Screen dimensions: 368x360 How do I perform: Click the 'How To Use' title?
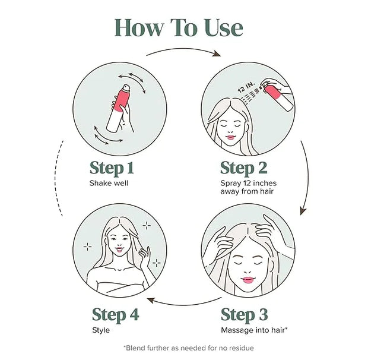point(179,27)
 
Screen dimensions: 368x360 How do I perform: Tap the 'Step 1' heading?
point(112,168)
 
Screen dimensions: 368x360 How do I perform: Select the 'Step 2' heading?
point(244,168)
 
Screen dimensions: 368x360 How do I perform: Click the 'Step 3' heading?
point(245,314)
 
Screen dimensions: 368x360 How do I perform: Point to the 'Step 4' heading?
point(116,314)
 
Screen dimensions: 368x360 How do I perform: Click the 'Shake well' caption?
point(109,183)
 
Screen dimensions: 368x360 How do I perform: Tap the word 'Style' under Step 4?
point(101,330)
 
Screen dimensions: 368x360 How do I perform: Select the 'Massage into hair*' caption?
point(254,330)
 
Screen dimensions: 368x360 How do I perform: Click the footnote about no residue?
point(189,348)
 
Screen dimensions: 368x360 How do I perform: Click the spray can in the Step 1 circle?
point(118,108)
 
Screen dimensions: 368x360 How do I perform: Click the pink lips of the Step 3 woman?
point(248,280)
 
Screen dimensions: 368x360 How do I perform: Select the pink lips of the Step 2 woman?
point(230,137)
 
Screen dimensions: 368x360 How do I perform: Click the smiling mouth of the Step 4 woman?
point(119,249)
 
